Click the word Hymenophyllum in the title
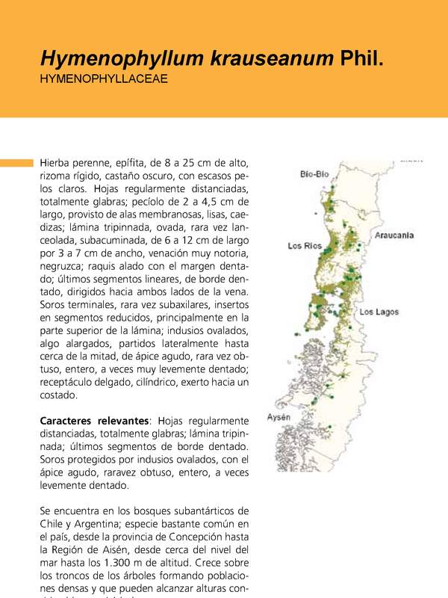[106, 58]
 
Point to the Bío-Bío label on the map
[314, 174]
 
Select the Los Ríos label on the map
[305, 246]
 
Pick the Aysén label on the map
[279, 416]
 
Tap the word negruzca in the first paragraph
[63, 266]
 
